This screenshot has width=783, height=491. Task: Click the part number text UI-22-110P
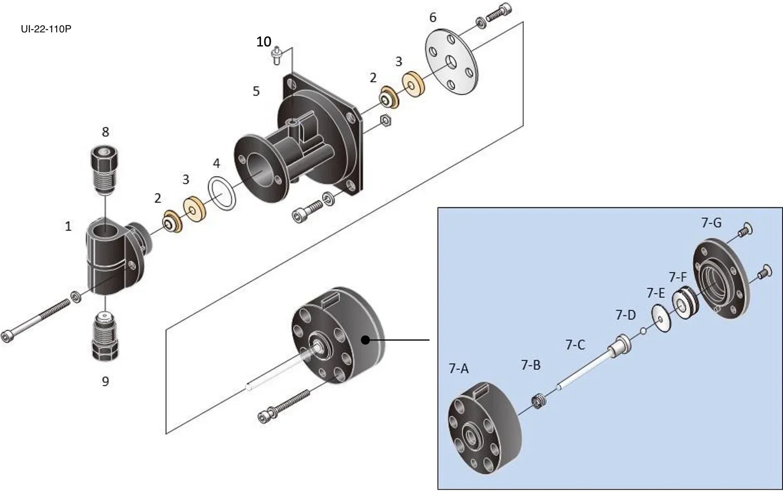coord(46,29)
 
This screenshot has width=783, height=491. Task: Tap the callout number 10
coord(263,42)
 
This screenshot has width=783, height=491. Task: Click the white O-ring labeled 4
coord(222,193)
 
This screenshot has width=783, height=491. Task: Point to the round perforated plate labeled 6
coord(451,65)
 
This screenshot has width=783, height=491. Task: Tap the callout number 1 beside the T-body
coord(68,226)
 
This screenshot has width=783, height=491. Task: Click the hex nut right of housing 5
coord(385,120)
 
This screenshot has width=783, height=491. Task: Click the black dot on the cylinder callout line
coord(366,340)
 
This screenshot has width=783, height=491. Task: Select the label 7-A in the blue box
coord(458,369)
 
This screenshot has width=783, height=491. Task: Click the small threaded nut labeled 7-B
coord(539,402)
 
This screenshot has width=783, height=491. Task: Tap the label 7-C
coord(575,345)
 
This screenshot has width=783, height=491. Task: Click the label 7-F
coord(678,277)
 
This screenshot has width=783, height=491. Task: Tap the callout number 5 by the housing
coord(256,91)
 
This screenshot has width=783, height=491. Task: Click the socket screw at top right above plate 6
coord(498,13)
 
